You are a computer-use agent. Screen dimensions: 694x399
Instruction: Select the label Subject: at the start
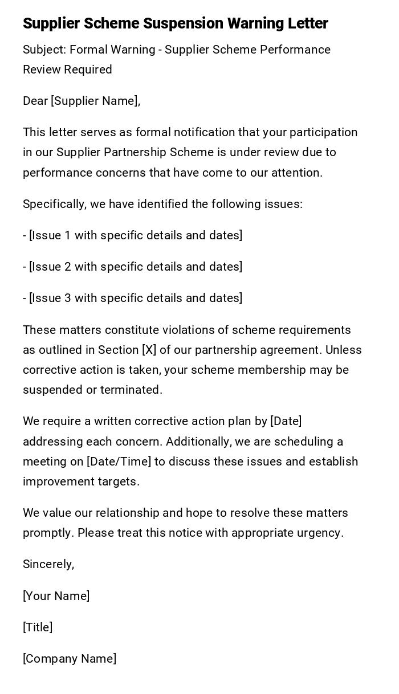pos(44,50)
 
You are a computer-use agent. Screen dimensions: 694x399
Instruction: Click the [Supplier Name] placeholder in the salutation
pos(95,101)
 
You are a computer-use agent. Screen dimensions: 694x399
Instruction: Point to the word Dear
pos(35,101)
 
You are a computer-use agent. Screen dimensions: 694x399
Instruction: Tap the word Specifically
pos(54,204)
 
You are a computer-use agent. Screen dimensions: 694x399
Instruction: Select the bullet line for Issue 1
pos(133,235)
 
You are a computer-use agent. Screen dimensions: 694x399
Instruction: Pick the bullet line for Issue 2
pos(133,267)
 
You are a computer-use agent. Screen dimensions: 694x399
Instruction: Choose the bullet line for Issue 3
pos(133,298)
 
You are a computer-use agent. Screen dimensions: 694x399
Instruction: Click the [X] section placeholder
pos(149,350)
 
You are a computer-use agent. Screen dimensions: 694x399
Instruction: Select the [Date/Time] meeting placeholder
pos(119,462)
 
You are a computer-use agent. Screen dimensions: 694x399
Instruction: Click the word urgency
pos(319,533)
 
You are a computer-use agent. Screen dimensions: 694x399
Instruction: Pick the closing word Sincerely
pos(48,564)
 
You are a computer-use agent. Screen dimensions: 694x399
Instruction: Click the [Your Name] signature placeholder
pos(56,596)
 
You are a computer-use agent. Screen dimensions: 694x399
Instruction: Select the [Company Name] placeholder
pos(70,659)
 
